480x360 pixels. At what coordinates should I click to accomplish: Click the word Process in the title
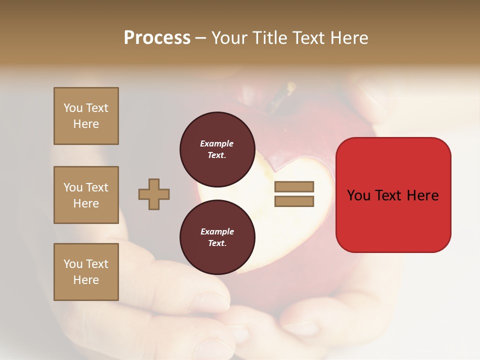click(x=157, y=38)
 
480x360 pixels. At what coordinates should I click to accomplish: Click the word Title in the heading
click(x=267, y=38)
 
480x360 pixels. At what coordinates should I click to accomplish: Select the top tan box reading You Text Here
click(x=86, y=116)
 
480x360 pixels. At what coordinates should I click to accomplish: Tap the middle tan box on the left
click(x=86, y=195)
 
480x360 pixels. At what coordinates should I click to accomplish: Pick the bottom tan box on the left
click(x=86, y=272)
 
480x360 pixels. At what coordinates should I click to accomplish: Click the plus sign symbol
click(x=154, y=194)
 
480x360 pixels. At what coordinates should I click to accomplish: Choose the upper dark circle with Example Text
click(x=217, y=149)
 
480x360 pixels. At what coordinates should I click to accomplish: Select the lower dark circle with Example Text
click(x=217, y=237)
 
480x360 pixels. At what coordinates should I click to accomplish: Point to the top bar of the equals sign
click(x=294, y=187)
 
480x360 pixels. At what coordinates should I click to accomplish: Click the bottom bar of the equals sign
click(x=294, y=201)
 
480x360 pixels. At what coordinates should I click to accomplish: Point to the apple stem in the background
click(x=288, y=90)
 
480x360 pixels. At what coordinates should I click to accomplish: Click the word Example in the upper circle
click(x=217, y=143)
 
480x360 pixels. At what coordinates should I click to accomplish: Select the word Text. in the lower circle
click(x=217, y=243)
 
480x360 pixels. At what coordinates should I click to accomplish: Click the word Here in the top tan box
click(x=86, y=124)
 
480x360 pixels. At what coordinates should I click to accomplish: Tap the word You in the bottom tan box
click(x=72, y=264)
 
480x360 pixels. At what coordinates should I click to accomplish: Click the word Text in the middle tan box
click(x=96, y=187)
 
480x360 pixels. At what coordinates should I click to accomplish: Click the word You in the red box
click(x=359, y=195)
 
